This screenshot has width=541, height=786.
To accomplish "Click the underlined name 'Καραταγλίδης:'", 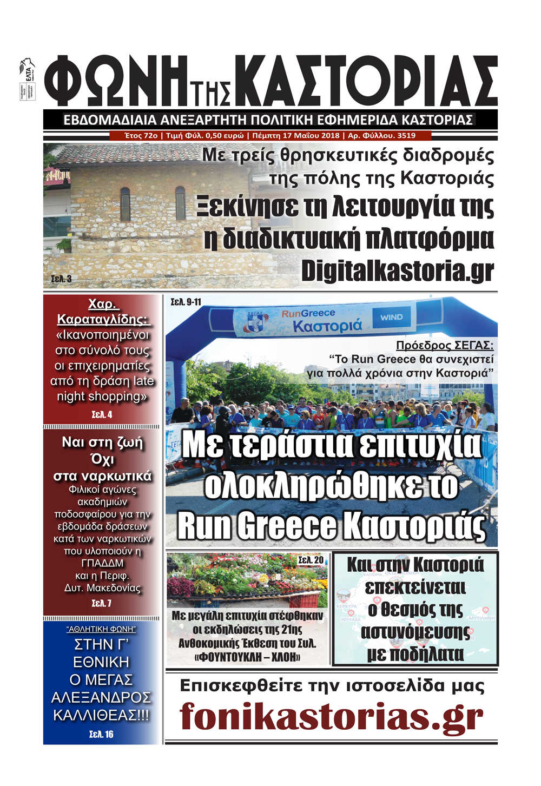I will [103, 319].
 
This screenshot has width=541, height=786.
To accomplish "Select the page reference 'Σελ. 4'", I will [102, 415].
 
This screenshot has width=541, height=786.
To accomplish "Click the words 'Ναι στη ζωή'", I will [103, 442].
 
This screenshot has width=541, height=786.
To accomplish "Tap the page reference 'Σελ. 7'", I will [102, 603].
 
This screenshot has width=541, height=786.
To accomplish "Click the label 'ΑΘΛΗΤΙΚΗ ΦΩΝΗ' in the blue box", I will [101, 629].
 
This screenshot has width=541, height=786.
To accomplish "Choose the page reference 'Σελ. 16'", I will [102, 734].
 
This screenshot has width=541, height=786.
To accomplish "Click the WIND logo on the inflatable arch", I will [391, 318].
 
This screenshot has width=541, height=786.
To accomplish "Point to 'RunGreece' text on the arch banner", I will [308, 313].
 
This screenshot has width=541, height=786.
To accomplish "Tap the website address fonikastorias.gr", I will [331, 716].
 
